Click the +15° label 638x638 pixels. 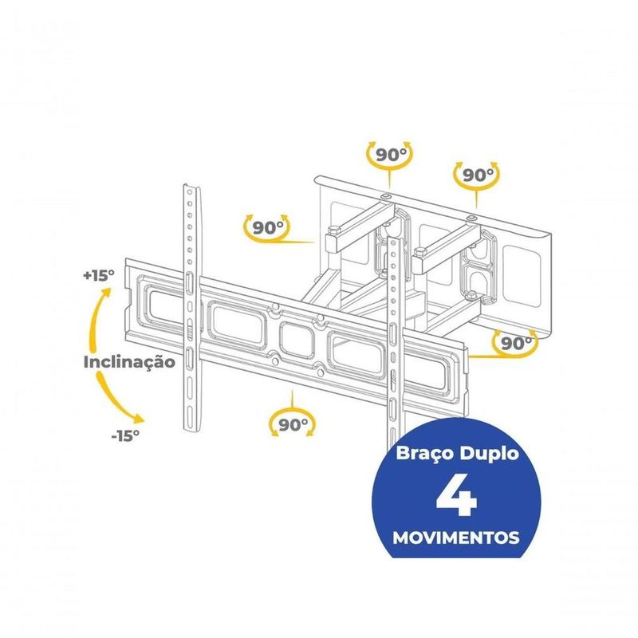pos(99,275)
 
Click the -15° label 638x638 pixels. pos(125,435)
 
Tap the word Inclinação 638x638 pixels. pos(129,362)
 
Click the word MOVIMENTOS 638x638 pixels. pos(456,538)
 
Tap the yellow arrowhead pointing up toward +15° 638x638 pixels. pos(106,293)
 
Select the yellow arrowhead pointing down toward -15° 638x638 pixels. pos(138,419)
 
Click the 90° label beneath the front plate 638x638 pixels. pos(293,425)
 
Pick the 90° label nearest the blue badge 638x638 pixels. pos(516,344)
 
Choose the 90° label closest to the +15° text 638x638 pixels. pos(268,228)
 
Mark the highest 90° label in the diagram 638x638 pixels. pos(391,155)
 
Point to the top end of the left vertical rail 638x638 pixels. pos(191,187)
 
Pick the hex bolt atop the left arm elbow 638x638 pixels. pos(333,231)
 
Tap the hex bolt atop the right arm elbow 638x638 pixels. pos(419,250)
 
